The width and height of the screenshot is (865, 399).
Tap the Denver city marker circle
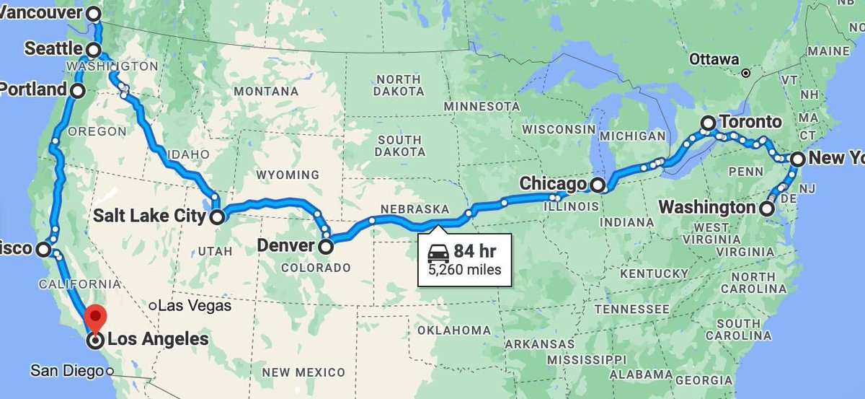[x=326, y=247]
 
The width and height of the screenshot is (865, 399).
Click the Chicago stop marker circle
[x=598, y=185]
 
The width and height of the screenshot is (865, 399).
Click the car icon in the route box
[x=438, y=253]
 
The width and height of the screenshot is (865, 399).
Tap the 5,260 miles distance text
[x=465, y=271]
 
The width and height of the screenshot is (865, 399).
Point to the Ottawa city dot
[x=746, y=73]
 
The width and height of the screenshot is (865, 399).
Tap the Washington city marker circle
[x=767, y=209]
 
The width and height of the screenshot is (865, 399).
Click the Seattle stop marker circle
[x=94, y=49]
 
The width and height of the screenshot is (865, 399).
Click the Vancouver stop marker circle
[x=94, y=13]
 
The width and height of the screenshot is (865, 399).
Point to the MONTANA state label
[x=267, y=92]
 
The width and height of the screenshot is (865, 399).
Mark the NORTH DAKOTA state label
[x=398, y=85]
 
